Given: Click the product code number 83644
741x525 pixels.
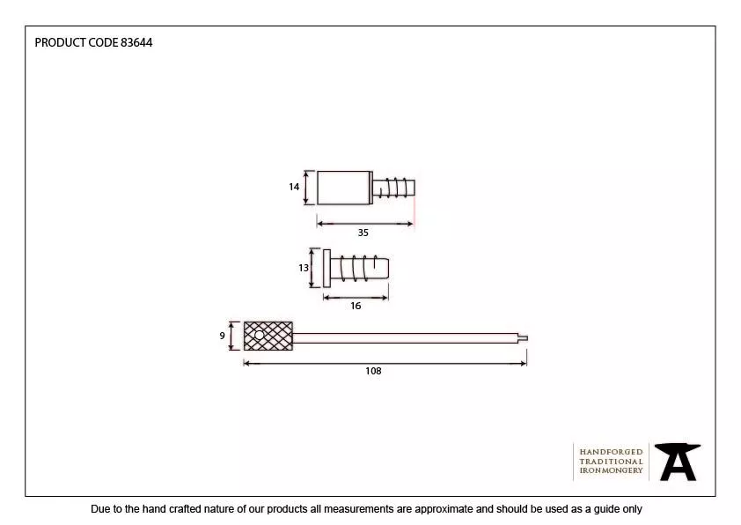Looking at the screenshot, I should (136, 42).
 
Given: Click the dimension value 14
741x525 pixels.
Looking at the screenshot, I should (294, 187).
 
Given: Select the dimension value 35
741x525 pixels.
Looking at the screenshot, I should (363, 233).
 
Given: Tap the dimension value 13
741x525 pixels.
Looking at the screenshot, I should (304, 268).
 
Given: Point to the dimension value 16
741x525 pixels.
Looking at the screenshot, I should (356, 306).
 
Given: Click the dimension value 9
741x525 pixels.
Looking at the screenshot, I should (223, 336).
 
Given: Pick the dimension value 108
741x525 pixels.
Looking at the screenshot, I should (373, 371).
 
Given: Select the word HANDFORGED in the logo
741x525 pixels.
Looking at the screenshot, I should (611, 452).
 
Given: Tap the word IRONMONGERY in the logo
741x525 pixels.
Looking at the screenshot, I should (611, 471).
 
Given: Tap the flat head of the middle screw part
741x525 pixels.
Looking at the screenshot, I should (326, 268).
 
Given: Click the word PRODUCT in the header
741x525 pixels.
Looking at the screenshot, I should (61, 42).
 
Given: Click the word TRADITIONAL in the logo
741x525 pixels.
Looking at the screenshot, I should (611, 462).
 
